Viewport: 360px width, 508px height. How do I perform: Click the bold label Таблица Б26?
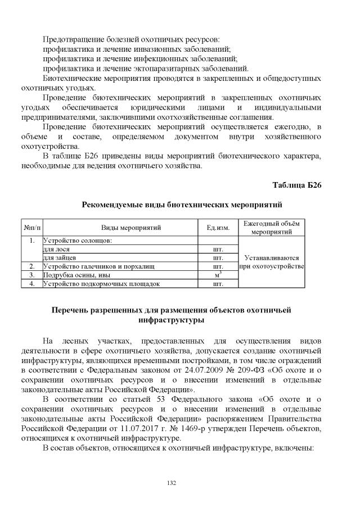pyautogui.click(x=296, y=185)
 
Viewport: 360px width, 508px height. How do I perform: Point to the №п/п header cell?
pyautogui.click(x=31, y=228)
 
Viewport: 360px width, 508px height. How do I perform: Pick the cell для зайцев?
pyautogui.click(x=56, y=257)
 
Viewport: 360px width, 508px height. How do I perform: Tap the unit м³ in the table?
pyautogui.click(x=218, y=275)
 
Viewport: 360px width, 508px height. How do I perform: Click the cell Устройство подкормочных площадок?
pyautogui.click(x=101, y=284)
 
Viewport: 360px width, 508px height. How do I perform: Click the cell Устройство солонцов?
pyautogui.click(x=78, y=240)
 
